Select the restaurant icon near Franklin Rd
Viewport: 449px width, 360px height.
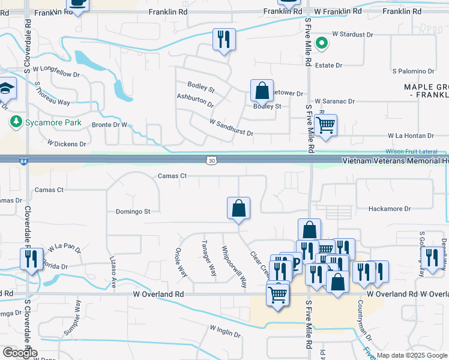(x=224, y=40)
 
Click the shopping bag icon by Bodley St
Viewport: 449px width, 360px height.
(x=262, y=92)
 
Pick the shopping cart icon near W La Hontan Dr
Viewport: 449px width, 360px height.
(x=325, y=126)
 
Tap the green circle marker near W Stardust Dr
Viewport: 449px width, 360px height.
(x=321, y=43)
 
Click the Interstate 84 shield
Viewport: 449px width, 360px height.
(x=5, y=160)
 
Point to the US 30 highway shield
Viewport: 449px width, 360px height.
(x=210, y=160)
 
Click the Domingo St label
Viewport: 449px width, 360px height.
(x=133, y=211)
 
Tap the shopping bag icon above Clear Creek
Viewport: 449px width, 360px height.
(x=238, y=209)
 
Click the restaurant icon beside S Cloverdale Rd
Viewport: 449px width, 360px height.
(x=30, y=259)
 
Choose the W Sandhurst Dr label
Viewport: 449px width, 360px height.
(x=231, y=127)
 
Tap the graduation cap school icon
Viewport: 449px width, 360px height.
(x=5, y=89)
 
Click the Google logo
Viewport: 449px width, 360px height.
(x=20, y=353)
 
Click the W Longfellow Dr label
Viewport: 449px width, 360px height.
(x=56, y=72)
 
